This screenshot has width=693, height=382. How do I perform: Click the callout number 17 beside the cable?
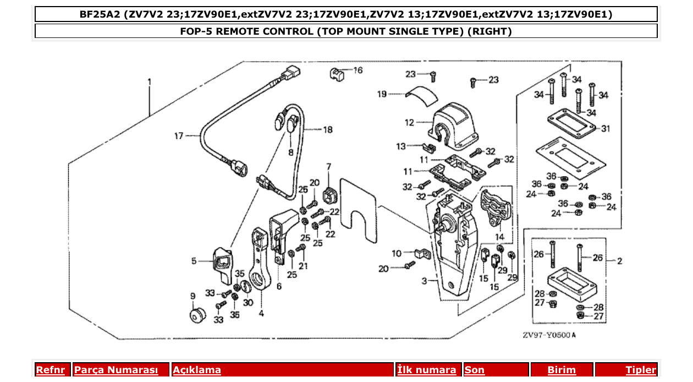pyautogui.click(x=178, y=135)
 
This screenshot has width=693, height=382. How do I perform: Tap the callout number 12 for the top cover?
pyautogui.click(x=409, y=122)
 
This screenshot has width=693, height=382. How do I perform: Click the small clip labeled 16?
pyautogui.click(x=337, y=73)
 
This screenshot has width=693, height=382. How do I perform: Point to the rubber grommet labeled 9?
pyautogui.click(x=196, y=316)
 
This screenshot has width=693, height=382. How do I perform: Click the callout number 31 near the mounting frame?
pyautogui.click(x=605, y=129)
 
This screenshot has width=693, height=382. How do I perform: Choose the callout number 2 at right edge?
pyautogui.click(x=619, y=261)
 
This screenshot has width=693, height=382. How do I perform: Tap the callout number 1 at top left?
pyautogui.click(x=148, y=82)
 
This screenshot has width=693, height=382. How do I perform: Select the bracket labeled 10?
pyautogui.click(x=421, y=254)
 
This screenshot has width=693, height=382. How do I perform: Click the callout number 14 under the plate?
pyautogui.click(x=499, y=237)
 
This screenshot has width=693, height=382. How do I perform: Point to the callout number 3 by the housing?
pyautogui.click(x=425, y=281)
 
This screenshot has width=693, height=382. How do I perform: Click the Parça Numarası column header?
pyautogui.click(x=116, y=370)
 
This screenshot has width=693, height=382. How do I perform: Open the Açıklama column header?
pyautogui.click(x=197, y=370)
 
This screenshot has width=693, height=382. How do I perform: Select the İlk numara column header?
pyautogui.click(x=427, y=370)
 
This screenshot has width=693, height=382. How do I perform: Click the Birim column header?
pyautogui.click(x=561, y=370)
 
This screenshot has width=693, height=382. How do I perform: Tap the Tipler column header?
pyautogui.click(x=641, y=370)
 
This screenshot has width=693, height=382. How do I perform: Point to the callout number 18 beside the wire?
pyautogui.click(x=328, y=130)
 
